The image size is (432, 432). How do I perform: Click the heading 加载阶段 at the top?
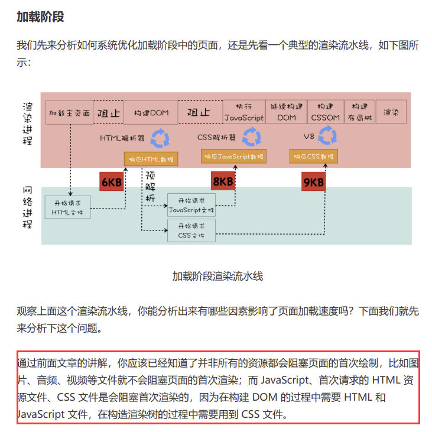point(40,17)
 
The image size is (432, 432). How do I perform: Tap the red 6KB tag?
point(112,182)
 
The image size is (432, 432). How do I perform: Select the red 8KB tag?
point(223,181)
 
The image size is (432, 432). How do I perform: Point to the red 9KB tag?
point(314,182)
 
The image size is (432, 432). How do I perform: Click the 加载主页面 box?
point(69,112)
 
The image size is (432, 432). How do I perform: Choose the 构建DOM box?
point(151,112)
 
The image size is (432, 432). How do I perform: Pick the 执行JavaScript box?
point(244,112)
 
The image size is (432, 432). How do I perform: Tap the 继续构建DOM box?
point(287,112)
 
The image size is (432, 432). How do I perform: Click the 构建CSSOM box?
point(325,112)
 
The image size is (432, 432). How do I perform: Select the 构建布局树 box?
point(360,112)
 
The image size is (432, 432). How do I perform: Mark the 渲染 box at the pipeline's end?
point(391,112)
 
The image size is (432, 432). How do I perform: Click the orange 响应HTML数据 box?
point(151,159)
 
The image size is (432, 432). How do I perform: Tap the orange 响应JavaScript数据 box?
point(233,156)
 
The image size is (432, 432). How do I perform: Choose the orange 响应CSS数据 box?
point(313,156)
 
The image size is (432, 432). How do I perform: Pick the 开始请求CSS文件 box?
point(191,230)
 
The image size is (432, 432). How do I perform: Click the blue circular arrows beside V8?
point(327,137)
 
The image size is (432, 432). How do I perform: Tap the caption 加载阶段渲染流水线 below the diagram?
point(217,276)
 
